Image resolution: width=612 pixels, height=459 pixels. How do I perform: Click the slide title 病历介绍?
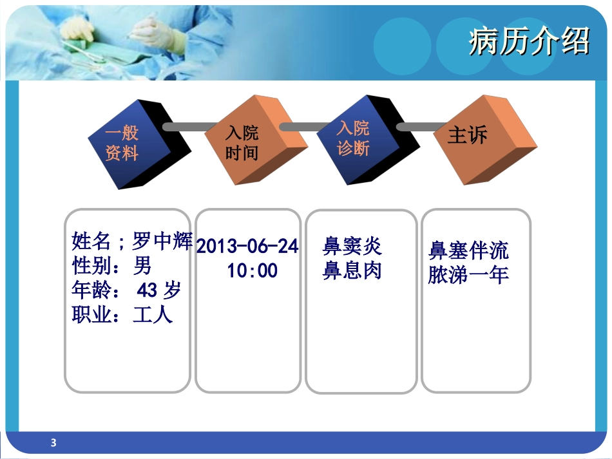(x=528, y=42)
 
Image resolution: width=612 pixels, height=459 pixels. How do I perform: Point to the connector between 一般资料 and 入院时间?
(x=190, y=127)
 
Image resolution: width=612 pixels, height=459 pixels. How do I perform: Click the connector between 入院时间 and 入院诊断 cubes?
(x=303, y=127)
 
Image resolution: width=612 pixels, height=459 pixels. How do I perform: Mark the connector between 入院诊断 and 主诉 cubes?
(x=419, y=127)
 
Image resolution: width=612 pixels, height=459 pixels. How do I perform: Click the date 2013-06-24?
(x=247, y=247)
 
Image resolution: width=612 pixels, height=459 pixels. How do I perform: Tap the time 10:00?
(x=252, y=270)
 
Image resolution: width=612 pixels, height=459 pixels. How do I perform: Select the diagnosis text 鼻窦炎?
(x=352, y=246)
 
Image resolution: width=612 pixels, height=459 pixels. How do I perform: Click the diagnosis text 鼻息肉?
(x=352, y=270)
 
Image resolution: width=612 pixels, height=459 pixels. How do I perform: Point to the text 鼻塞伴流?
(x=468, y=250)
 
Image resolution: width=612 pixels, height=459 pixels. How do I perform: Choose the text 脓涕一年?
(x=468, y=275)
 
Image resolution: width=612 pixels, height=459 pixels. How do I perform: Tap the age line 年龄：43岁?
(x=126, y=290)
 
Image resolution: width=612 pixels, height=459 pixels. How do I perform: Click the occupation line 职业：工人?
(x=122, y=315)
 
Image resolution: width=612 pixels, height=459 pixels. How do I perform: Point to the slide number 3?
(x=53, y=442)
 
